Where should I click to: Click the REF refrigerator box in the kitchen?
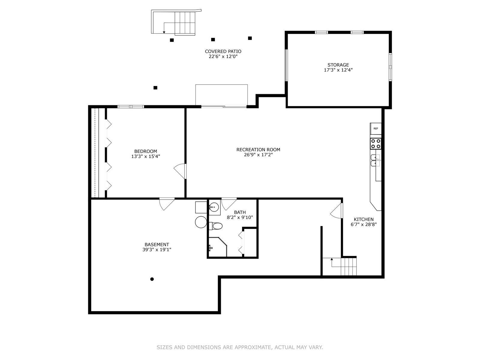click(376, 128)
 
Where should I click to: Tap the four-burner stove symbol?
click(376, 144)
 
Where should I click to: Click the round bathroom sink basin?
click(214, 207)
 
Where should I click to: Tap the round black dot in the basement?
click(152, 279)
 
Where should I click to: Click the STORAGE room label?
click(338, 65)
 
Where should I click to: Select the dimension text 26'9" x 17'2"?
click(258, 155)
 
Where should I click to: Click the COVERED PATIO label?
click(223, 51)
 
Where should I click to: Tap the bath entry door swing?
click(229, 204)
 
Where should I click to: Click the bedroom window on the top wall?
click(130, 106)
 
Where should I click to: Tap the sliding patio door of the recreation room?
click(224, 106)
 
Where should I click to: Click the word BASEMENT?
click(157, 244)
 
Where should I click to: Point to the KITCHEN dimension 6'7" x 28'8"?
click(364, 224)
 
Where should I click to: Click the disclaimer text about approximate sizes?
click(240, 347)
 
